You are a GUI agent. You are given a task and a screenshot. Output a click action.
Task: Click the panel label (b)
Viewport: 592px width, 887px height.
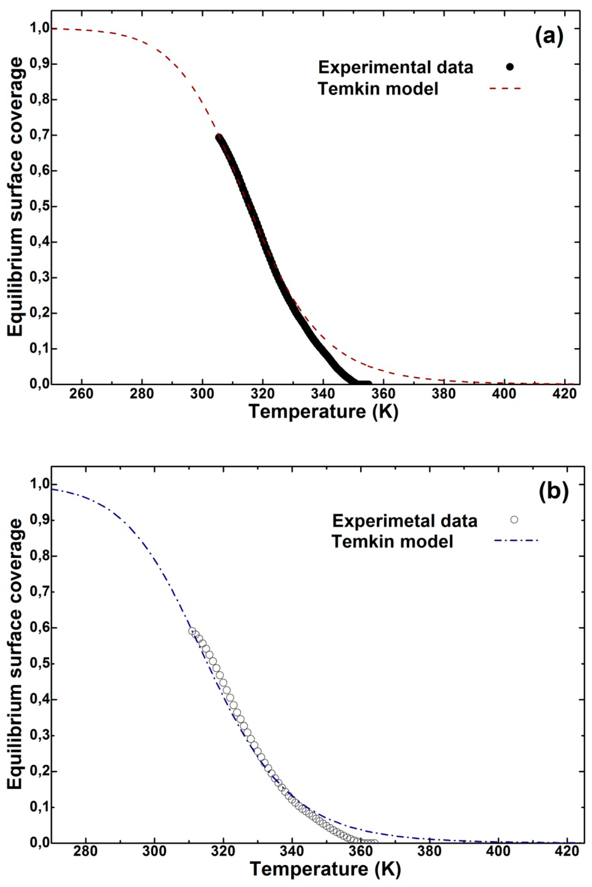coord(553,491)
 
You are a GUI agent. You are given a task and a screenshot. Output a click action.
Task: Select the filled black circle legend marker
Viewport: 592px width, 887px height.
coord(509,67)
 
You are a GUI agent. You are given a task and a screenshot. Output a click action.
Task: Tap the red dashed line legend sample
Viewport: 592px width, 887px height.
coord(505,89)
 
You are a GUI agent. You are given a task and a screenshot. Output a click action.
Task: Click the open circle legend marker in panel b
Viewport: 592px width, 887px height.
coord(514,520)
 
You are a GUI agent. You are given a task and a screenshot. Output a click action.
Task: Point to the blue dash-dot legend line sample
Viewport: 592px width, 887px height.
coord(516,541)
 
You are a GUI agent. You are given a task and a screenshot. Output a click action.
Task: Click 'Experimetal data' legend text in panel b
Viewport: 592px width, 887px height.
coord(405,521)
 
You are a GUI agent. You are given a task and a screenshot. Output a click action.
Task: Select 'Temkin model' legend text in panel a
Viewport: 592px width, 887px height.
coord(378,89)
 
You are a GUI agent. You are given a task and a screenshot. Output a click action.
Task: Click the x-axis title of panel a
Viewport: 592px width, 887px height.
coord(323,412)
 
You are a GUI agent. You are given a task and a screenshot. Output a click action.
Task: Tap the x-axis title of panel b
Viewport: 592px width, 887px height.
coord(325,869)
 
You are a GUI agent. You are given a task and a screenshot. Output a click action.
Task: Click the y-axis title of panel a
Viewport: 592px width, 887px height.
coord(16,196)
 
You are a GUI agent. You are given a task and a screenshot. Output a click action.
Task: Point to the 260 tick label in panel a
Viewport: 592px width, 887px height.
coord(81,394)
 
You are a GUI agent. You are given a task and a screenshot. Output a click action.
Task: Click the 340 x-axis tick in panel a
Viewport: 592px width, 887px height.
coord(323,394)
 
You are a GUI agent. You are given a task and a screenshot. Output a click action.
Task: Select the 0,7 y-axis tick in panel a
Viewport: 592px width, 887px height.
coord(39,135)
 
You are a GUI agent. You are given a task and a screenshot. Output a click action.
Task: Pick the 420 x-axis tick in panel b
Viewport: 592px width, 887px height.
coord(567,851)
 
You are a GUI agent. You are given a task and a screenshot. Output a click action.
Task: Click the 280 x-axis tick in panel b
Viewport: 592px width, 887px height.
coord(86,851)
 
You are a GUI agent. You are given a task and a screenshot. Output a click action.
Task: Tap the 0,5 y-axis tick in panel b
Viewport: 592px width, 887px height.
coord(39,664)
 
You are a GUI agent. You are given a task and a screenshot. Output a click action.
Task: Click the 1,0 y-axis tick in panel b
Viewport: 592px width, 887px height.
coord(39,485)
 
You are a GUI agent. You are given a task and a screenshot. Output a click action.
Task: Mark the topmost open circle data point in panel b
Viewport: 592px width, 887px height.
coord(193,631)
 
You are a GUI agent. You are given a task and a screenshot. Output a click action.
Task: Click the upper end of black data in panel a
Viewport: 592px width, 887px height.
coord(219,137)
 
